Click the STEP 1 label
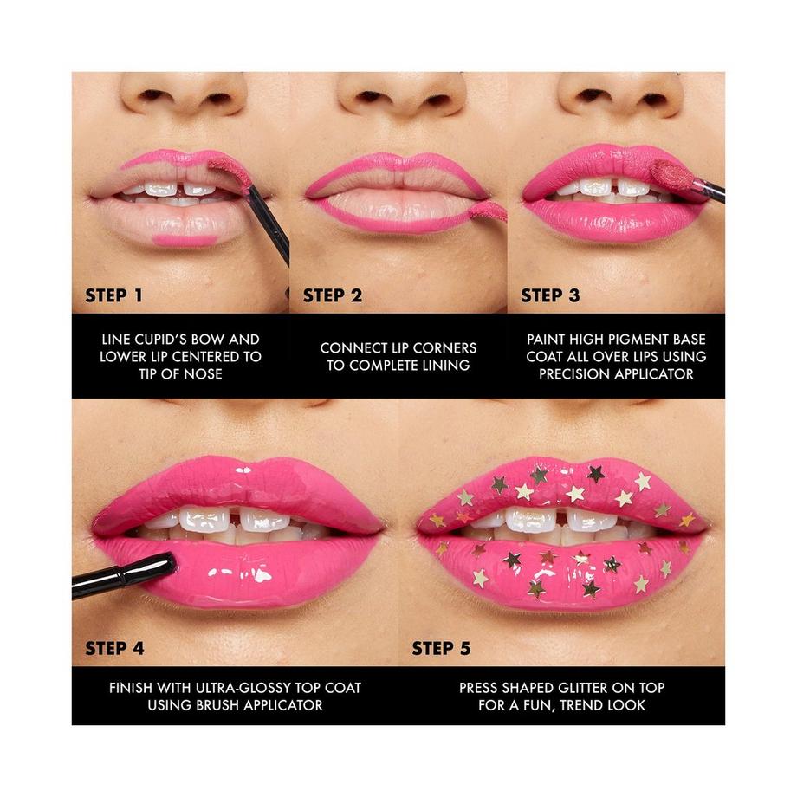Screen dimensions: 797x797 113,295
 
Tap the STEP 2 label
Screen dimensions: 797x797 332,295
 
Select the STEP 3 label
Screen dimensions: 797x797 550,295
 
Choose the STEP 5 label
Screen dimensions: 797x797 441,648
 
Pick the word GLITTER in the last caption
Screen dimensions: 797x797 599,688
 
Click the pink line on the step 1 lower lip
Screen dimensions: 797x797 185,239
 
